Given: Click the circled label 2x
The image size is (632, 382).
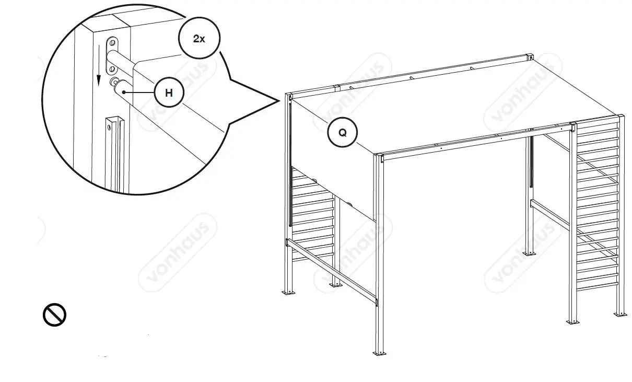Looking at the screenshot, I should tap(199, 39).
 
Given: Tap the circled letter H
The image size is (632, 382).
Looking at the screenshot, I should tap(169, 94).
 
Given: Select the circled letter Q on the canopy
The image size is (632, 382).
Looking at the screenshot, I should tap(342, 132).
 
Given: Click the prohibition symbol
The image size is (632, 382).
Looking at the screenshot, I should tap(54, 315).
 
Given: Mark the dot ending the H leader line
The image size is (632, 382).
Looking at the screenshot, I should tap(124, 91).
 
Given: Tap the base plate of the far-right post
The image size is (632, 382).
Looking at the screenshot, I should tap(620, 314).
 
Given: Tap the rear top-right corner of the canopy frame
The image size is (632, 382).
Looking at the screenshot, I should tap(530, 56).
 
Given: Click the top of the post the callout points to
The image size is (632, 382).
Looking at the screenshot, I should tap(289, 97).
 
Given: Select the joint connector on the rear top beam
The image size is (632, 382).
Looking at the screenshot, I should tap(337, 87).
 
